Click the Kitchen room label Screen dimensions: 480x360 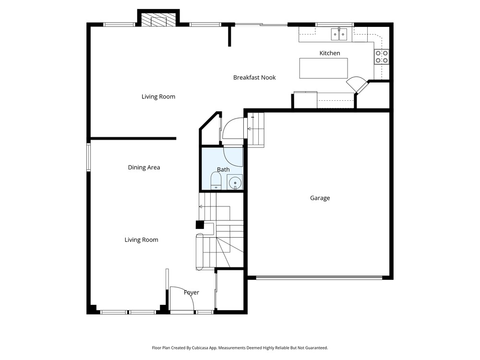click(x=330, y=53)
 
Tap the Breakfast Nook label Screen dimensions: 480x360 click(x=254, y=78)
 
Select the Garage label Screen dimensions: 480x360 click(x=320, y=198)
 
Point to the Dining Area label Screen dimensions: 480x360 click(x=144, y=168)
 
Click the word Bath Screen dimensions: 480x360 click(x=223, y=169)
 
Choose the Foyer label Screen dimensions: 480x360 click(x=192, y=293)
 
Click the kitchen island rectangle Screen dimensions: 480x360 click(x=324, y=68)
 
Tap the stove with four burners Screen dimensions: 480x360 click(x=382, y=57)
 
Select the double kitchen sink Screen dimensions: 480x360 click(x=339, y=34)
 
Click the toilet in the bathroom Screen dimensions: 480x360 click(x=216, y=181)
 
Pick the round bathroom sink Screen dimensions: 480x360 click(x=235, y=183)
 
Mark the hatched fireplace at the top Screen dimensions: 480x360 click(x=158, y=20)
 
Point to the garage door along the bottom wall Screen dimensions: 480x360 click(x=319, y=278)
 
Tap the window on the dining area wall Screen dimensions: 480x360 click(x=88, y=157)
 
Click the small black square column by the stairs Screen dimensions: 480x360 click(x=200, y=225)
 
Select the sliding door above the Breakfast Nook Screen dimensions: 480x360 click(x=261, y=24)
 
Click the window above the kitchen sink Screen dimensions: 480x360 click(x=335, y=24)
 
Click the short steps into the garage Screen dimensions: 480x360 click(x=256, y=130)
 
